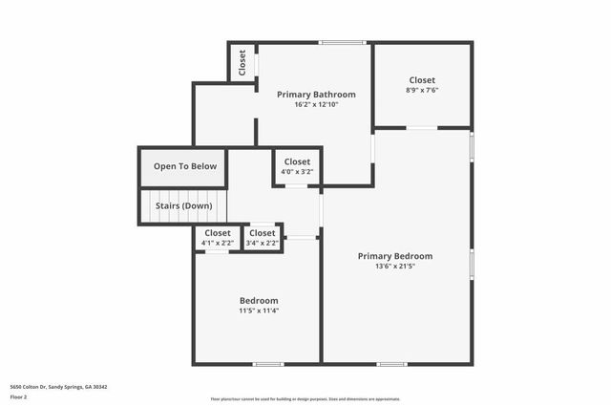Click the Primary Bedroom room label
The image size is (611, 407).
coord(394,256)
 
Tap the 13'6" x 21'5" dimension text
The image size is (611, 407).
coord(394,267)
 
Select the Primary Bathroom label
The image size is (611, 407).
coord(316,95)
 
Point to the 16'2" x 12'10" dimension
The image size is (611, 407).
coord(316,104)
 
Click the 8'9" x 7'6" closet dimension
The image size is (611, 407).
coord(422,91)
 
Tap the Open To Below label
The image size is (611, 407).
coord(185,166)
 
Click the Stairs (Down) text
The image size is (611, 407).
coord(183,205)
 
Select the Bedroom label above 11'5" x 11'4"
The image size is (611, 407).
coord(259,299)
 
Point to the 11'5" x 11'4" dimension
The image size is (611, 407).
coord(259,310)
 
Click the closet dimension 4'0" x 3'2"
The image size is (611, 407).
coord(297,173)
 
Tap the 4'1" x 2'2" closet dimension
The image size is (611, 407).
coord(218,243)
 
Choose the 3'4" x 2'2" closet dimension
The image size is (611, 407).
coord(262,243)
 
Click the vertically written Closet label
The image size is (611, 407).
coord(242,62)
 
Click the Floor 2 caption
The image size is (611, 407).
coord(18,396)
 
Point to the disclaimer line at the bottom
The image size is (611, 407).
coord(305,399)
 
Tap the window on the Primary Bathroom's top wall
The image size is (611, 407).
coord(342,42)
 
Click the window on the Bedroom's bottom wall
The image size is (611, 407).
coord(268,363)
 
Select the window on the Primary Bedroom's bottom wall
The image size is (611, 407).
coord(391,363)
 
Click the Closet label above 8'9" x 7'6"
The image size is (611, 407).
coord(422,80)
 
